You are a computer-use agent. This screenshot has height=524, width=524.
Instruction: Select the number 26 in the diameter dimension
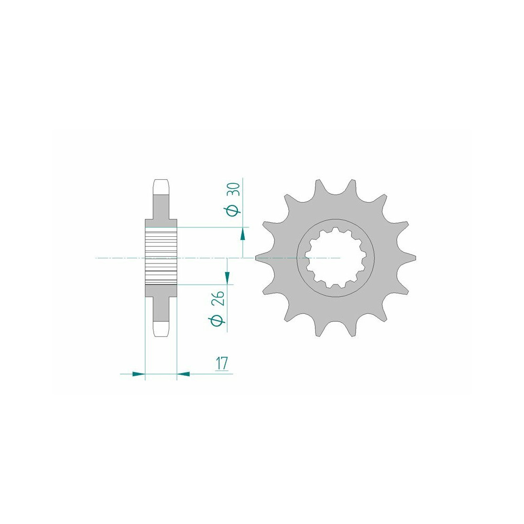219,299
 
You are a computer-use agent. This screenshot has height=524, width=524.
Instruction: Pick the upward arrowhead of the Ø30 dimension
243,235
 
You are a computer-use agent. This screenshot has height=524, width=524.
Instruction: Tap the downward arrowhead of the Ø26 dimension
227,276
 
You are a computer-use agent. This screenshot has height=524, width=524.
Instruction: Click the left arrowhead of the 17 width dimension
139,374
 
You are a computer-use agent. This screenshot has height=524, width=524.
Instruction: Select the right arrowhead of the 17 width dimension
183,374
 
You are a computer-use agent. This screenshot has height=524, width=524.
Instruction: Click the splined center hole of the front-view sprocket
335,258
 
